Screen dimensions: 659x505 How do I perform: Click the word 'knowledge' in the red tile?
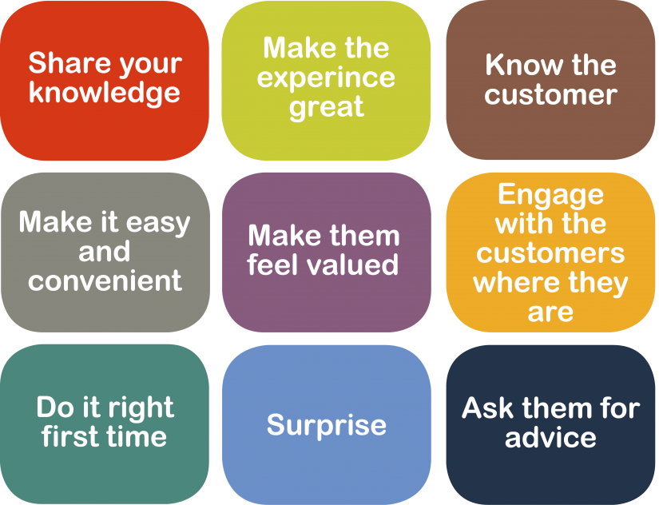(x=105, y=94)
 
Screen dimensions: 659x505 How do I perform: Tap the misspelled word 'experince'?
(x=326, y=78)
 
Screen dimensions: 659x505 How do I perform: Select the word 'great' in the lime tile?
(x=326, y=108)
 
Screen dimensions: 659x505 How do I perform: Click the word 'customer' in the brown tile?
(x=550, y=94)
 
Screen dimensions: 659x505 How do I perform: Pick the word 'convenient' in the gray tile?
(x=105, y=280)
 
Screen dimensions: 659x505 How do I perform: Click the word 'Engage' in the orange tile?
(x=550, y=196)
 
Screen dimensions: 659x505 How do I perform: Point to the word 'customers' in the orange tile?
(x=550, y=253)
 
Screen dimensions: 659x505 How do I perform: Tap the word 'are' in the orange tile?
(x=550, y=312)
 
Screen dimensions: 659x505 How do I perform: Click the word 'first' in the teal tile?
(x=68, y=436)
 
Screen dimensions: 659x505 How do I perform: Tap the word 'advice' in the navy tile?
(x=550, y=437)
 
